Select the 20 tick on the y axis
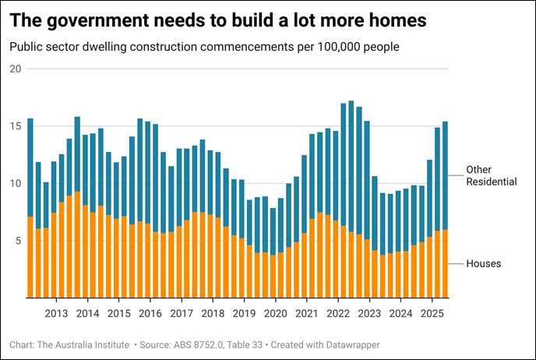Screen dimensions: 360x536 pos(15,69)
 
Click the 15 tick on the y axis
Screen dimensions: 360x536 pos(15,126)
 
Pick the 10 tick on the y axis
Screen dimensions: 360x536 pos(15,184)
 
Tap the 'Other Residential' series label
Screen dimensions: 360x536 pos(491,175)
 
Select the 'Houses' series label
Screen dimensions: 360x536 pos(483,263)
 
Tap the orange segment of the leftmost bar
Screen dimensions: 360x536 pos(30,257)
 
